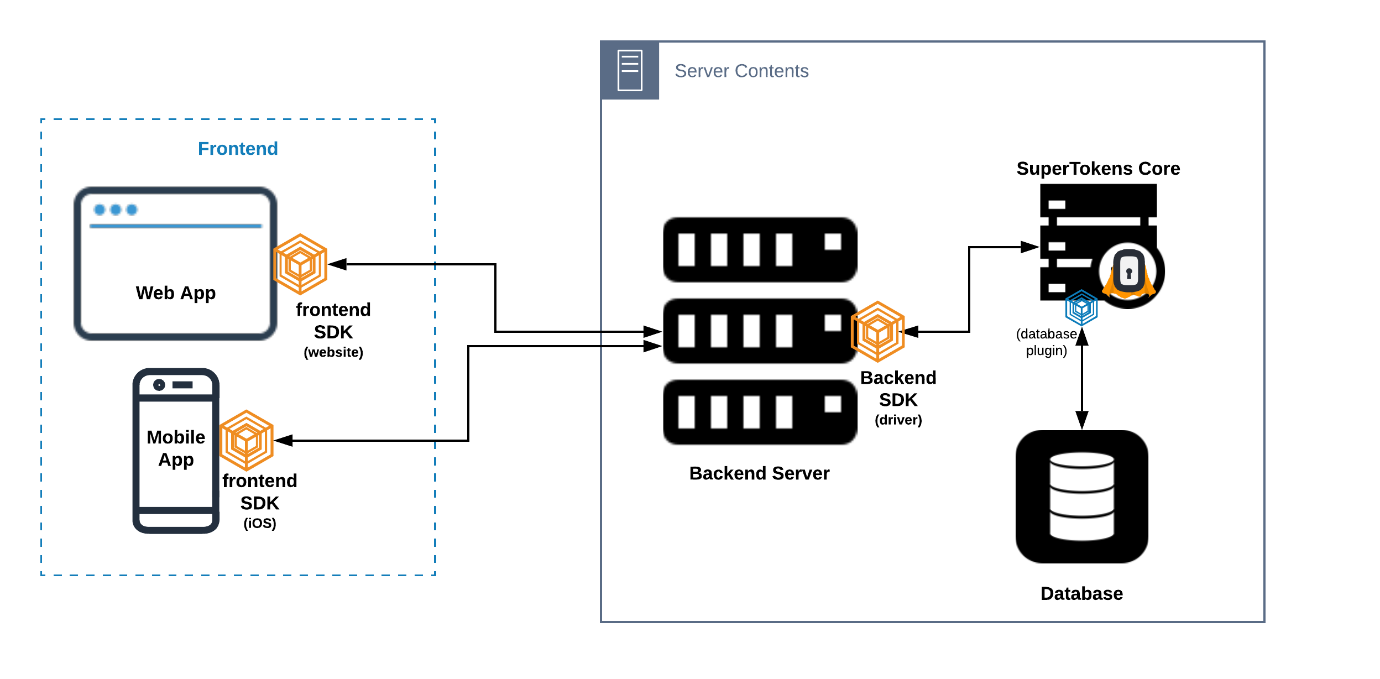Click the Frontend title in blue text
pyautogui.click(x=238, y=149)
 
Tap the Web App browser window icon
pyautogui.click(x=175, y=263)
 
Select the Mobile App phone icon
pyautogui.click(x=176, y=451)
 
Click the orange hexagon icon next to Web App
pyautogui.click(x=300, y=264)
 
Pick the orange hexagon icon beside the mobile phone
pyautogui.click(x=247, y=441)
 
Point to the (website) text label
pyautogui.click(x=333, y=352)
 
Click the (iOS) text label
pyautogui.click(x=260, y=523)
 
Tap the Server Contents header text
pyautogui.click(x=741, y=71)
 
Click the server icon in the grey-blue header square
pyautogui.click(x=630, y=70)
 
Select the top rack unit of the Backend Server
pyautogui.click(x=760, y=250)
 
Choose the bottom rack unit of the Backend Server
pyautogui.click(x=760, y=412)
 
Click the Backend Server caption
pyautogui.click(x=759, y=473)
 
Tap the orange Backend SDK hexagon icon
pyautogui.click(x=877, y=332)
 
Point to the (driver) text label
pyautogui.click(x=898, y=420)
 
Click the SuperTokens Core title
pyautogui.click(x=1098, y=169)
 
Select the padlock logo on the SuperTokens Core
pyautogui.click(x=1129, y=272)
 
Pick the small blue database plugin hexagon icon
pyautogui.click(x=1081, y=307)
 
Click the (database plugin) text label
pyautogui.click(x=1046, y=342)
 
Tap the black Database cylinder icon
pyautogui.click(x=1081, y=497)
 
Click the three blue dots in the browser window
pyautogui.click(x=116, y=210)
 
